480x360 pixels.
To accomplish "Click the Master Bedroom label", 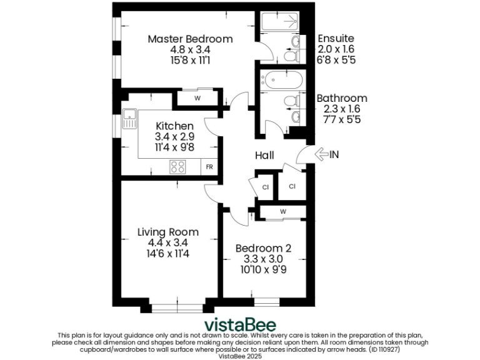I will coord(190,39).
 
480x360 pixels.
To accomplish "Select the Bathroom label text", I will coord(341,98).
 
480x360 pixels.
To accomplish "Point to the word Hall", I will coord(264,155).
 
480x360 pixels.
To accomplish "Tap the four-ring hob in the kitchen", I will coord(177,167).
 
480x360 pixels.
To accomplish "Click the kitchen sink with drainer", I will coord(130,118).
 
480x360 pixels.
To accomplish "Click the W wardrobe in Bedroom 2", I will coord(282,211).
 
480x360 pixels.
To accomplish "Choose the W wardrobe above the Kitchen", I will coord(197,98).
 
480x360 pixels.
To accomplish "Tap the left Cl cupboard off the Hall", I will coord(265,187).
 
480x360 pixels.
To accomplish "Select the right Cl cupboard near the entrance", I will coord(292,186).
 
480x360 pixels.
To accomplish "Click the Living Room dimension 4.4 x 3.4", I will coord(168,242).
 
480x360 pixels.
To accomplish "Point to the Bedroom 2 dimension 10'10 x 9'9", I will coord(262,270).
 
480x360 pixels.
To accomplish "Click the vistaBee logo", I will coord(240,325).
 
